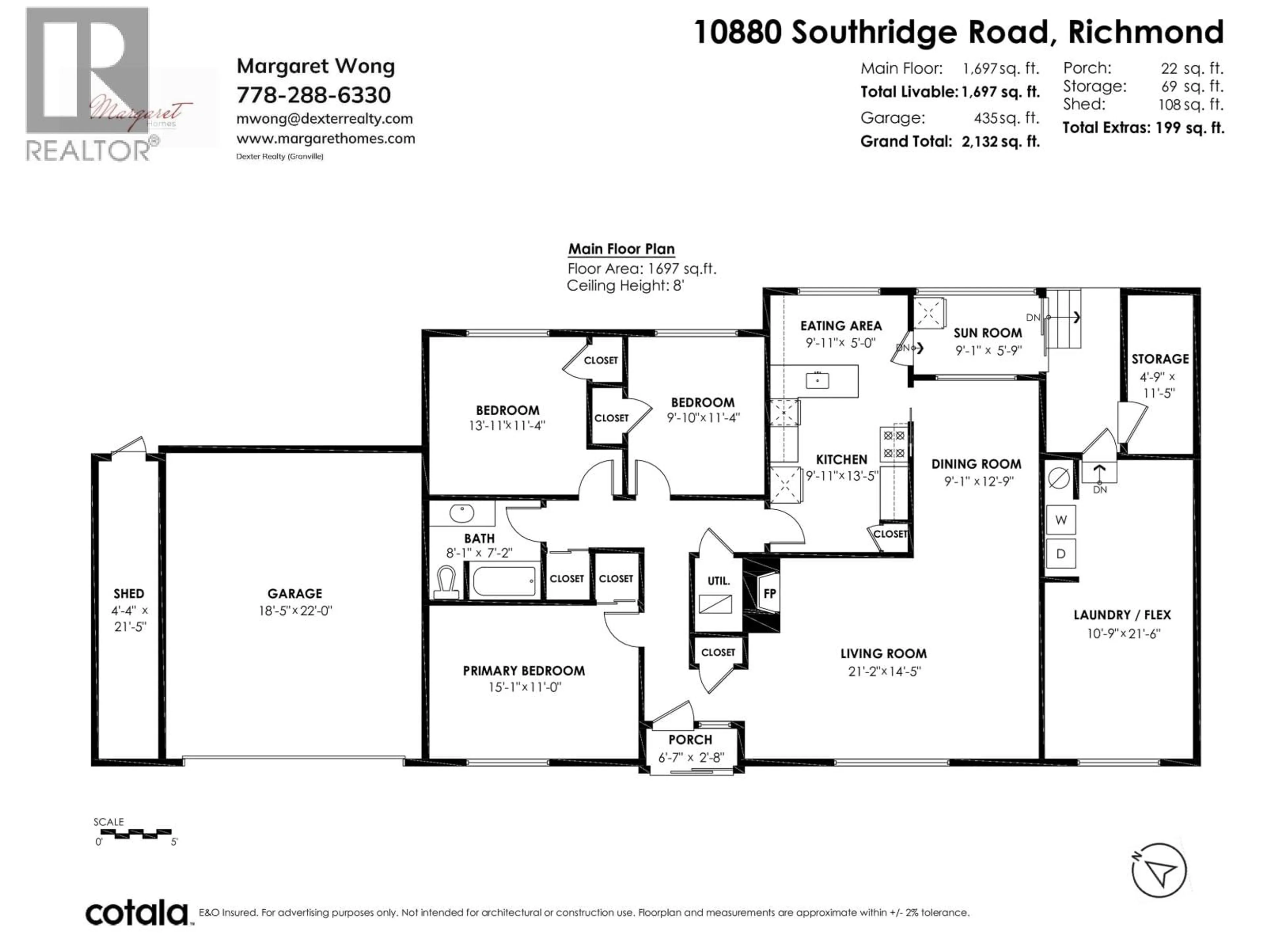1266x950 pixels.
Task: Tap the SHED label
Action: [x=129, y=593]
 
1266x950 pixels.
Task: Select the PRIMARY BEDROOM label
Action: [x=524, y=671]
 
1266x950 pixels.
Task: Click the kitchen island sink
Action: [x=817, y=380]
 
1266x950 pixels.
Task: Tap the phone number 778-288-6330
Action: [x=314, y=94]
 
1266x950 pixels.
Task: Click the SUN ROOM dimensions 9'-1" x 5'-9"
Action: [x=988, y=350]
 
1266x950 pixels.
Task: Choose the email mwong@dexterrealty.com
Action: [x=324, y=118]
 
